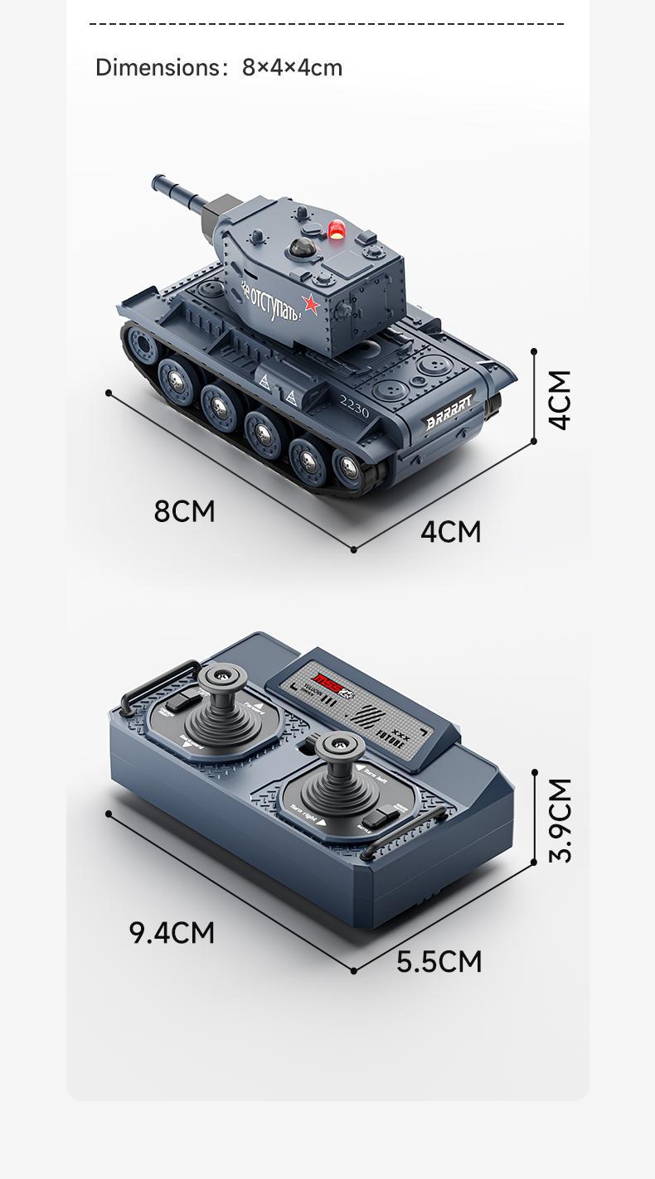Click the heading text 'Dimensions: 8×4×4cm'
coord(219,67)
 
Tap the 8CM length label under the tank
coord(184,511)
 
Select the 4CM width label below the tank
coord(450,531)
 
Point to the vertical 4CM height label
coord(560,399)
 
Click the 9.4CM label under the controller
coord(172,932)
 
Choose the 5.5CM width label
coord(439,961)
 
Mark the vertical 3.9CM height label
coord(560,819)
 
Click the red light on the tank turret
coord(337,230)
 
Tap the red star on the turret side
coord(312,304)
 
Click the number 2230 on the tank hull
coord(355,405)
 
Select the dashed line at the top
coord(327,24)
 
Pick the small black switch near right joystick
coord(379,818)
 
